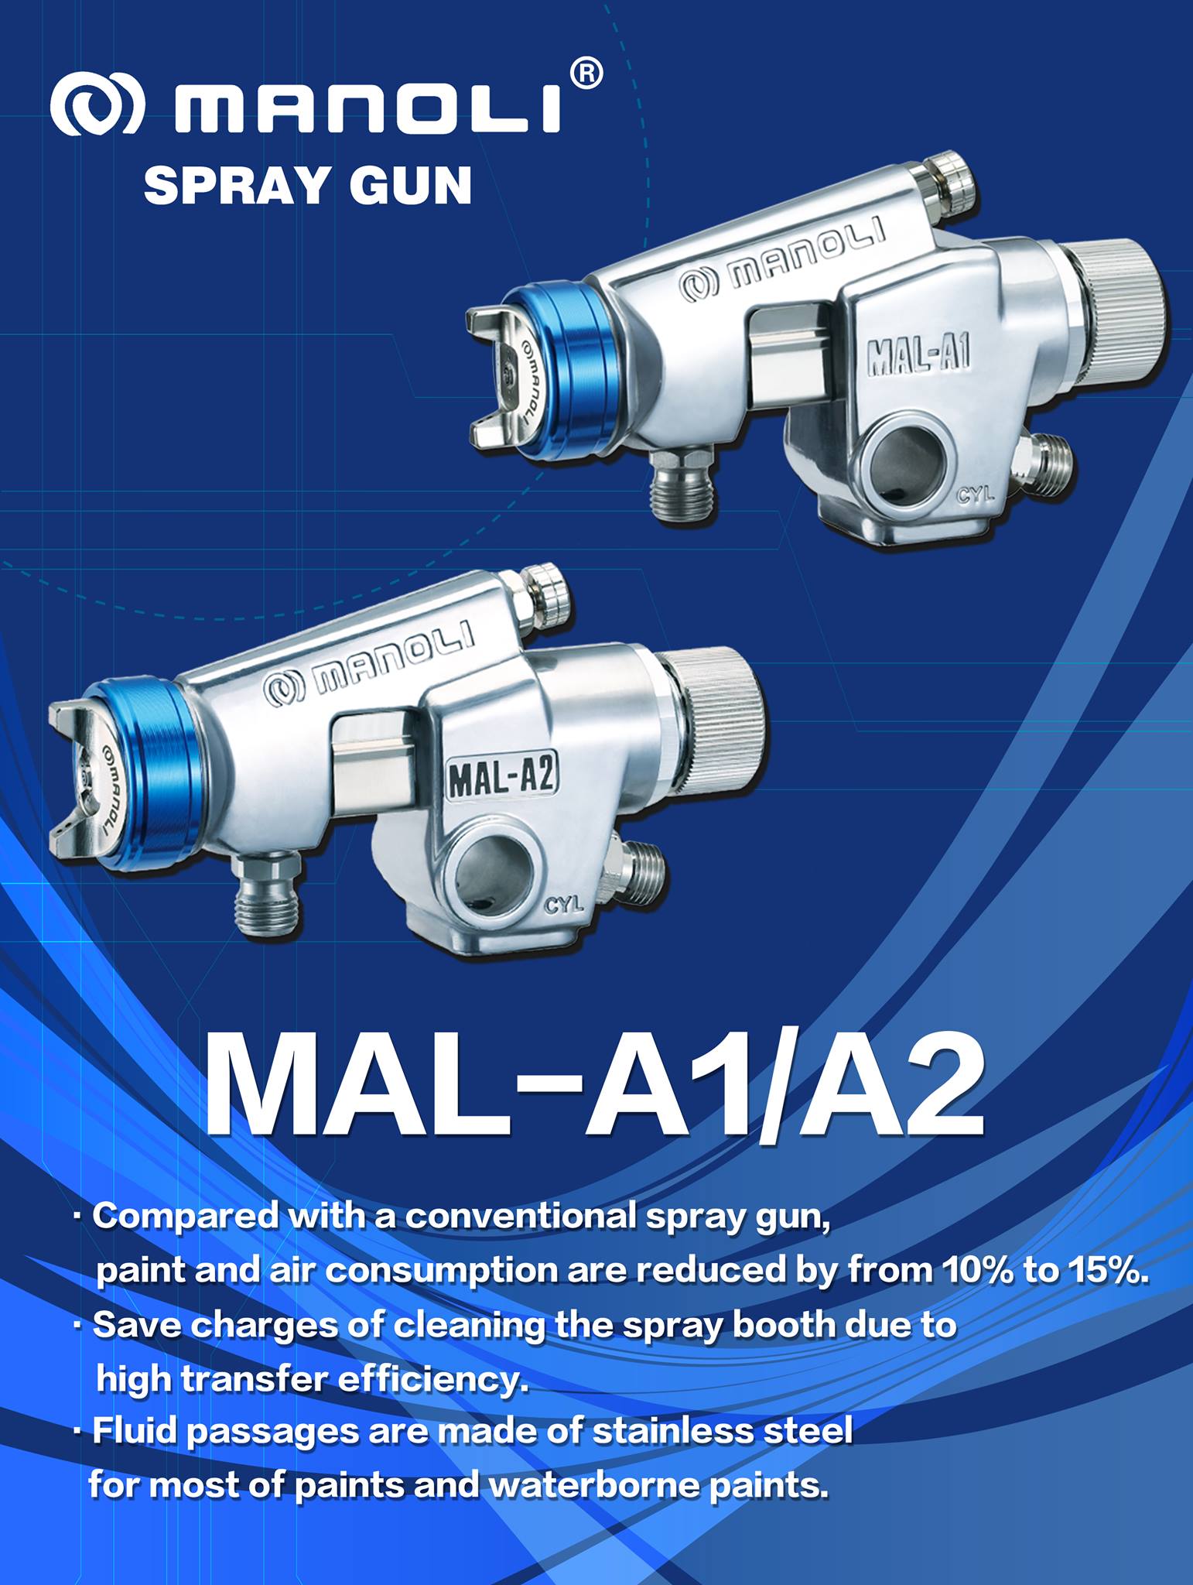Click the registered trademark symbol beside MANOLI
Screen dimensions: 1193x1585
click(x=586, y=76)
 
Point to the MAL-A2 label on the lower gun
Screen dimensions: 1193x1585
click(x=502, y=776)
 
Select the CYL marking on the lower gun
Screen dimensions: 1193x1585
click(x=563, y=904)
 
